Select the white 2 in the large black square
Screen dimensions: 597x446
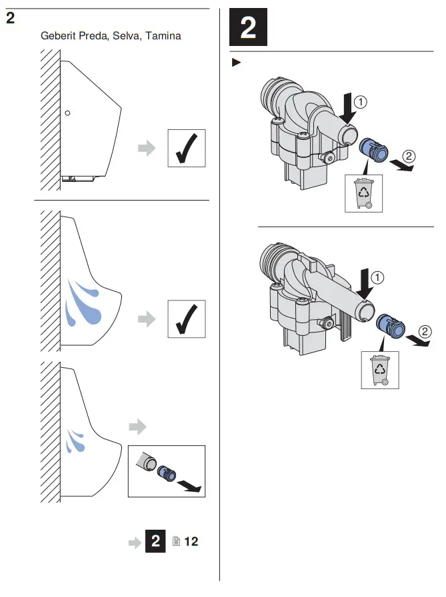247,29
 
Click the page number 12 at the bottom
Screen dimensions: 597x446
191,542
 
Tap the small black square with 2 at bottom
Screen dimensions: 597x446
157,542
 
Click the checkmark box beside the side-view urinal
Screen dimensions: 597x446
186,148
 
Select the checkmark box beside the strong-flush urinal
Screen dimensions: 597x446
186,319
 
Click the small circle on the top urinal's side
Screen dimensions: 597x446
67,113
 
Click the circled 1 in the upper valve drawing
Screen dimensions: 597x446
360,103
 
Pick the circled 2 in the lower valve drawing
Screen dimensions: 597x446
425,330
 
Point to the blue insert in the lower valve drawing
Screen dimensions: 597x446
389,326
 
